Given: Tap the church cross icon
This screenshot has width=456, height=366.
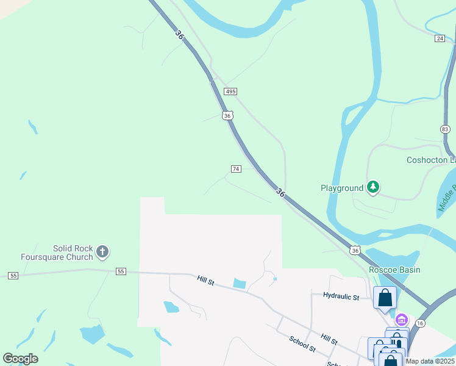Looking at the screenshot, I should point(102,251).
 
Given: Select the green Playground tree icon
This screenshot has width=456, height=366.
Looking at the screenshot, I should point(373,188).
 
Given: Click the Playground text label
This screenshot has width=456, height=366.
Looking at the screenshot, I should point(341,188).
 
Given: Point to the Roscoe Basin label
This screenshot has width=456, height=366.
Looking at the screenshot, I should point(394,270).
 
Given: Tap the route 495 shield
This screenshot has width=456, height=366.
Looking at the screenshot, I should point(230,91).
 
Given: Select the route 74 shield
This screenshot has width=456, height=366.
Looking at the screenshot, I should point(236,168).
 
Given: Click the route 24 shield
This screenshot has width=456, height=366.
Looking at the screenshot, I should point(440,38).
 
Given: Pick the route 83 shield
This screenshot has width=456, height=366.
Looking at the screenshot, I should point(445,129).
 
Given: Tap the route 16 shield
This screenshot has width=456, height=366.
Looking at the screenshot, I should point(420,323).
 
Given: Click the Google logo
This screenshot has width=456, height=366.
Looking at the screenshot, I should point(20,359).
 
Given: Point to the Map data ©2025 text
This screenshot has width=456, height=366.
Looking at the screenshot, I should point(430,361).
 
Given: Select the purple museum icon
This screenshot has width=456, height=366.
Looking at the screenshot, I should point(401,320).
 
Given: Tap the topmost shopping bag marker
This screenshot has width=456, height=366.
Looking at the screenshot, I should point(385,298).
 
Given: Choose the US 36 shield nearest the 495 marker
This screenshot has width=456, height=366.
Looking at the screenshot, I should point(227,115).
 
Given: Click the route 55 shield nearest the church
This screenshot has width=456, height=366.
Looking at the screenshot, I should point(121,271).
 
